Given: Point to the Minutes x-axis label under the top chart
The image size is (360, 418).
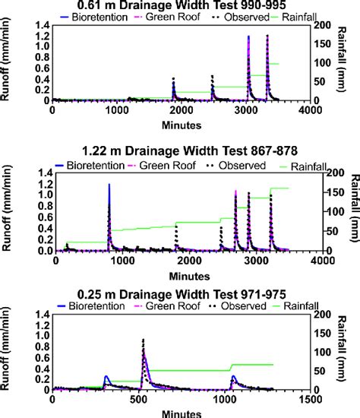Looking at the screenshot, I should [x=180, y=122].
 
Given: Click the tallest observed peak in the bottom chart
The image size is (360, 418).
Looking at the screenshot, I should [x=143, y=340].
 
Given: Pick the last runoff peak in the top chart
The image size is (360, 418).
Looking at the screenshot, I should [x=267, y=36].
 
